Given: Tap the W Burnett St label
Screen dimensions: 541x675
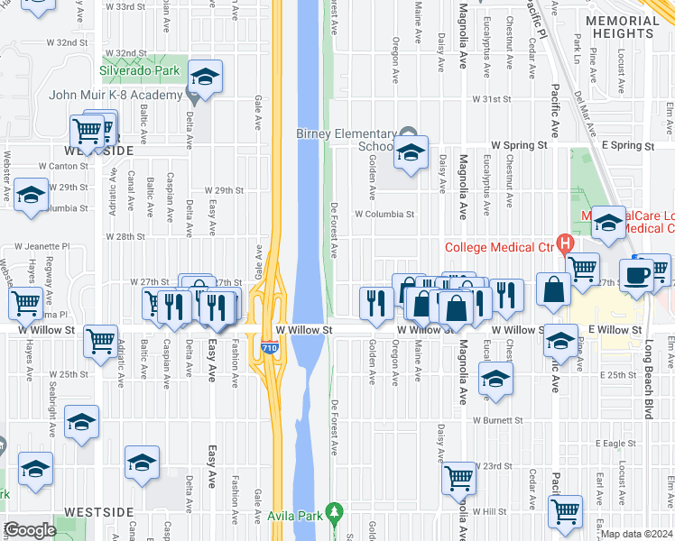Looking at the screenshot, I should (x=492, y=420).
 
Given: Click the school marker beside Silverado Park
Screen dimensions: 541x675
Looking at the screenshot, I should (x=205, y=77).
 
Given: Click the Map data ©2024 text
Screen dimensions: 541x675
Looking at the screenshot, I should (x=637, y=533).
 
